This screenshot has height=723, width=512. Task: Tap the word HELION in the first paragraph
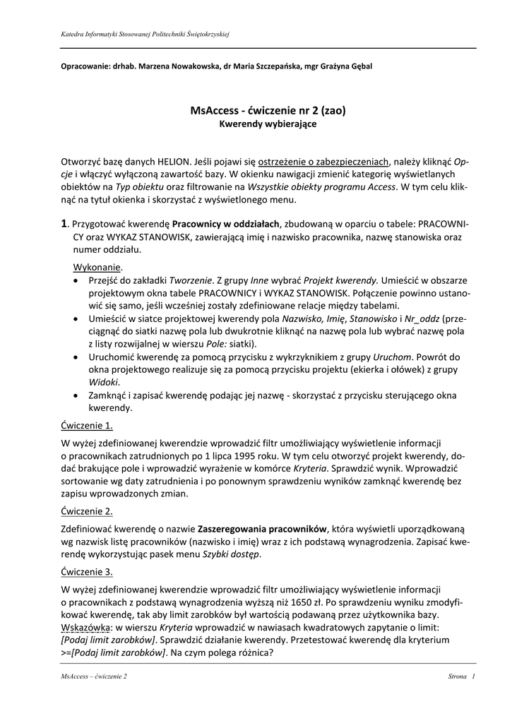click(x=165, y=161)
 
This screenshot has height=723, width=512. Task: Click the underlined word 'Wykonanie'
click(x=97, y=268)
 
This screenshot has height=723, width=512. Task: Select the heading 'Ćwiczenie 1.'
click(x=87, y=426)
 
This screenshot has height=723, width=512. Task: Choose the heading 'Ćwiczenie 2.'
click(x=87, y=511)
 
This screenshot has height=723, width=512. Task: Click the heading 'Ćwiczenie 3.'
click(x=87, y=571)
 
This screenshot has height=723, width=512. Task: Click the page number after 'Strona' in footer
click(x=473, y=677)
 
